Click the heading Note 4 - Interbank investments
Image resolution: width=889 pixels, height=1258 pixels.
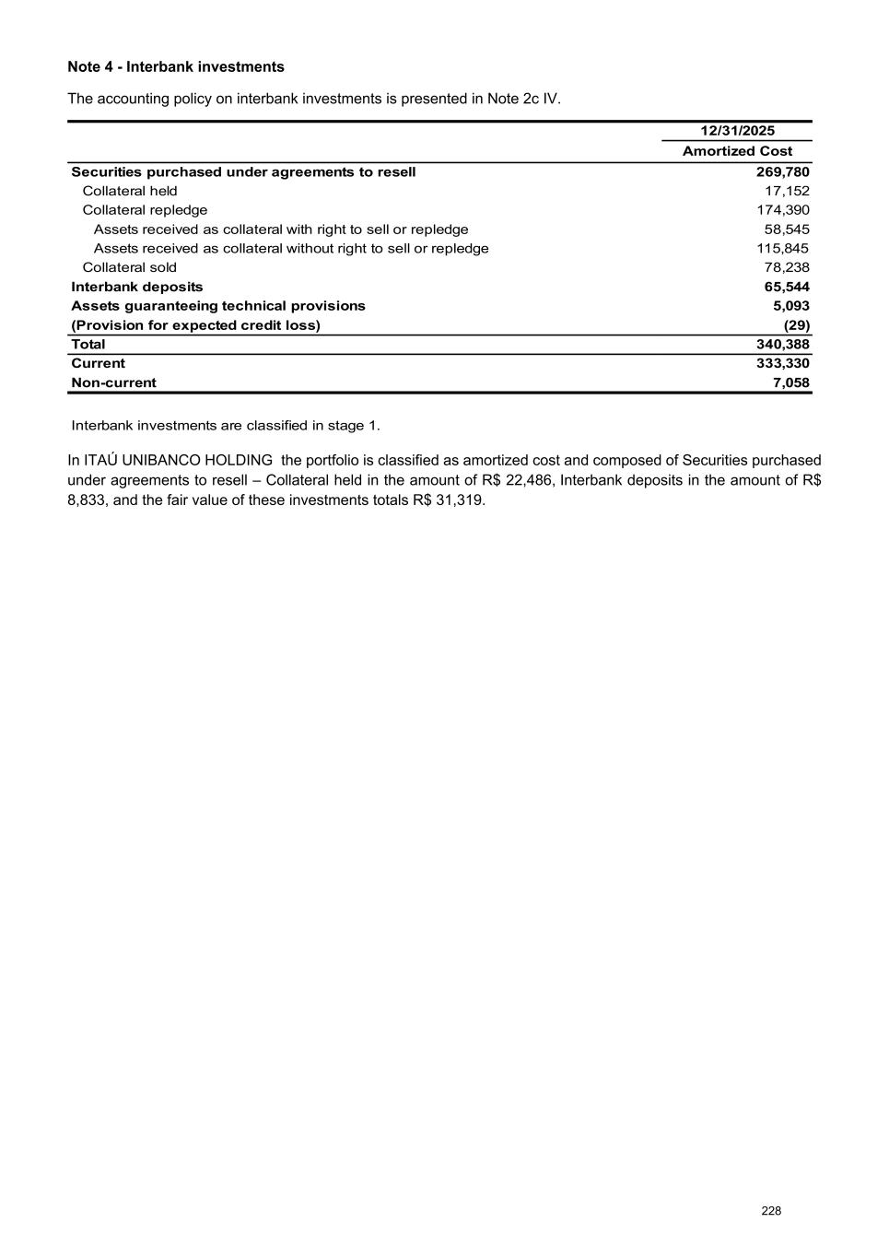[176, 67]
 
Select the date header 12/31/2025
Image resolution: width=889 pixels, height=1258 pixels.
[737, 131]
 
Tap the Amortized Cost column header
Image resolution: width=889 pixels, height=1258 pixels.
[737, 151]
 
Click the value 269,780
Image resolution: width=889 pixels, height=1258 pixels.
[782, 172]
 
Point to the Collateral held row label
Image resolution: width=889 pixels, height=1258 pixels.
[130, 191]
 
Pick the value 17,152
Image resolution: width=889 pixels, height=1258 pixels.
[787, 191]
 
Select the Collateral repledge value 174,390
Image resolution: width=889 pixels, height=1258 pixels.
[782, 210]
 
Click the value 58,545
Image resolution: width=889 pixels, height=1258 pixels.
[787, 229]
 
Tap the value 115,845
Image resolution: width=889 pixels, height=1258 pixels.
[782, 249]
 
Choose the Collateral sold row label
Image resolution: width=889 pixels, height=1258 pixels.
[130, 267]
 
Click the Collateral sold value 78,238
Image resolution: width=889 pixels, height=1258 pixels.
[787, 267]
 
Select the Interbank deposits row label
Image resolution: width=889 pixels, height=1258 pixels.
[137, 287]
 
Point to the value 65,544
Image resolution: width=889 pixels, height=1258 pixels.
[787, 287]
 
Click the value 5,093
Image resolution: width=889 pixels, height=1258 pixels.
[791, 306]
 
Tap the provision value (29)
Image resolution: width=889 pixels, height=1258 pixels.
[797, 325]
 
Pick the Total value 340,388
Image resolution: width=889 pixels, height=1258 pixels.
[782, 345]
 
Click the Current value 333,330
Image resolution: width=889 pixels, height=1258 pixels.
[782, 363]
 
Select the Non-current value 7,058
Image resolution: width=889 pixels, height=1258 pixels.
[791, 382]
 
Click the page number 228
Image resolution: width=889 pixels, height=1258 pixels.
[771, 1211]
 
